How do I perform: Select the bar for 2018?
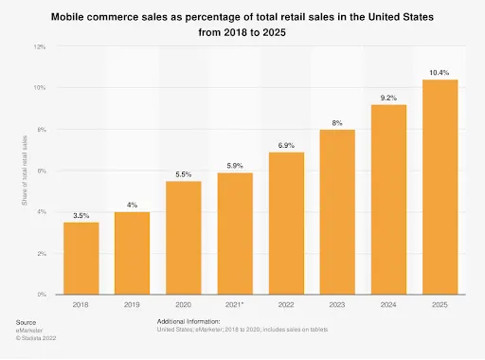(81, 258)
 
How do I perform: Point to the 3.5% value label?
(81, 215)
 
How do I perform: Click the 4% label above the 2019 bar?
(132, 205)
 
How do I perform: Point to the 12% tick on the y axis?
(39, 46)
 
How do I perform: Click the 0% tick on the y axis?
(41, 296)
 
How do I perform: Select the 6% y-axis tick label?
(41, 171)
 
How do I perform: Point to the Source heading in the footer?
(26, 323)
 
